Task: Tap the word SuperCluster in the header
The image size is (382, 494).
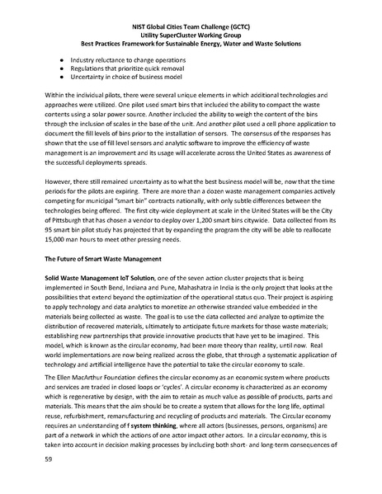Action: tap(177, 36)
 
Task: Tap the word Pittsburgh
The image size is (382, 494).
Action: tap(78, 223)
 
